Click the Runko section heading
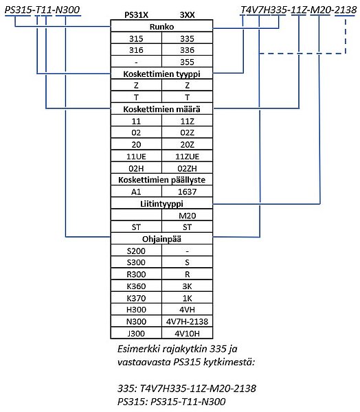(161, 27)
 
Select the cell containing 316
(136, 50)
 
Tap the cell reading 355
(187, 62)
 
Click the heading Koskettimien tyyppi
(161, 74)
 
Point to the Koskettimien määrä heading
(161, 109)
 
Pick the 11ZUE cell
(188, 157)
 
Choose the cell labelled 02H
(136, 168)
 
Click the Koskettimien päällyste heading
(161, 180)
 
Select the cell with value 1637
(187, 192)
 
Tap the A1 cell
(136, 192)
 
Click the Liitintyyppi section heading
(161, 204)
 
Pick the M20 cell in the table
(188, 216)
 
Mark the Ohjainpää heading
(161, 239)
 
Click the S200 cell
(136, 251)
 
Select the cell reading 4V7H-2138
(188, 321)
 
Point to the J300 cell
(136, 334)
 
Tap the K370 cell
(136, 298)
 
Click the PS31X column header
(136, 15)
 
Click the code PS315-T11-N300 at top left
(43, 10)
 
